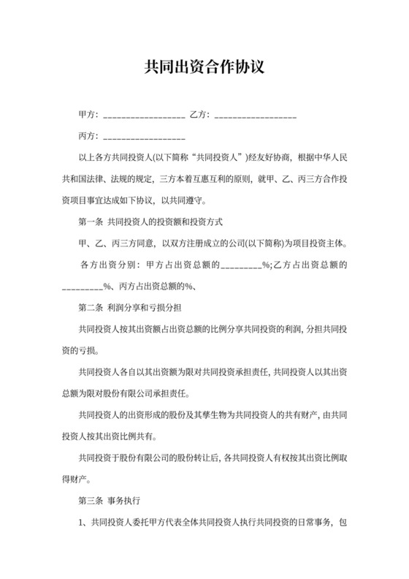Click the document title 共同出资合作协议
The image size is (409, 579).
click(x=204, y=68)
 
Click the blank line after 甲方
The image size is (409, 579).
click(x=145, y=116)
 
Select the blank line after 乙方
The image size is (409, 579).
click(x=256, y=116)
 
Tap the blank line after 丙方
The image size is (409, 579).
click(x=145, y=137)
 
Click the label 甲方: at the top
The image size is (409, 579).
click(x=88, y=116)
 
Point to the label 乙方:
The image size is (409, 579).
click(x=199, y=116)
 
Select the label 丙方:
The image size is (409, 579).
click(x=88, y=136)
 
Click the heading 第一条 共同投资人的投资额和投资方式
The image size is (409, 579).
click(x=150, y=221)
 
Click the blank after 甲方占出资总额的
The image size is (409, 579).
click(x=241, y=265)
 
